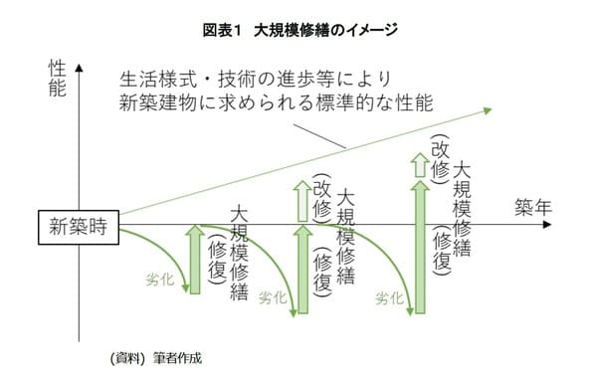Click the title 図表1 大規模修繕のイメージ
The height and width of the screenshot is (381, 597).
pyautogui.click(x=298, y=30)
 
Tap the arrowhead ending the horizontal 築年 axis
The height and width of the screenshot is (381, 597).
pyautogui.click(x=544, y=226)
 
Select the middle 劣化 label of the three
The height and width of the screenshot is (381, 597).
pyautogui.click(x=272, y=296)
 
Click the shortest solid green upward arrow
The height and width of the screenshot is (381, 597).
pyautogui.click(x=195, y=260)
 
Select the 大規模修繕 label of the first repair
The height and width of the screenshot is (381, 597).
pyautogui.click(x=239, y=253)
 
